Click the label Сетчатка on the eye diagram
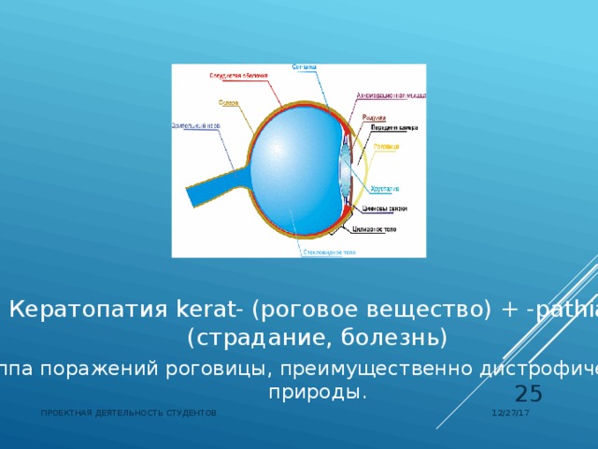tap(305, 67)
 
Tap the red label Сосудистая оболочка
tap(238, 75)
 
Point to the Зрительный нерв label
tap(195, 124)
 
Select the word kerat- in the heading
tap(210, 309)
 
